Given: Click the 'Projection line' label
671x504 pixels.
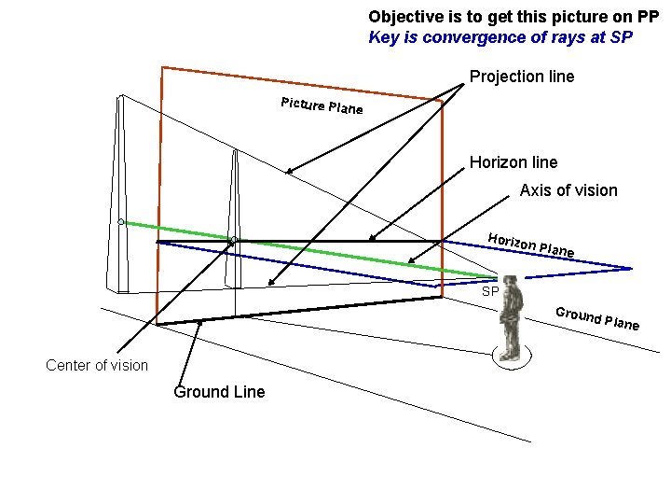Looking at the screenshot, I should click(522, 77).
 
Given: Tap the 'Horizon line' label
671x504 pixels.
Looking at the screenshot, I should click(514, 162).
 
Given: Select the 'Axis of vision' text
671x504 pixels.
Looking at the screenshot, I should click(568, 190).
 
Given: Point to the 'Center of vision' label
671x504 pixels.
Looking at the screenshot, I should click(97, 365).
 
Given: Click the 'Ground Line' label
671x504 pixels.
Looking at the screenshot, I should click(219, 392).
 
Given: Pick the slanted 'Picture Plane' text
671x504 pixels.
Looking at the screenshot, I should click(322, 105).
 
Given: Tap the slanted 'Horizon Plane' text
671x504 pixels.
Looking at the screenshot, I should click(530, 245).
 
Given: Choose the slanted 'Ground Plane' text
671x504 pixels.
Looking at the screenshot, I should click(596, 317).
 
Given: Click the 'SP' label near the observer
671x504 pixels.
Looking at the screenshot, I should click(490, 292).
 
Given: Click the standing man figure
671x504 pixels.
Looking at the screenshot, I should click(509, 317).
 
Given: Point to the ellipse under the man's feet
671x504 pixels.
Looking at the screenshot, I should click(511, 356).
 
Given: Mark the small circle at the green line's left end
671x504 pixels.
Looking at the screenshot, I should click(121, 221).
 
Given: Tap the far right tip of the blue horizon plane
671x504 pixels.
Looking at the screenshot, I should click(631, 269).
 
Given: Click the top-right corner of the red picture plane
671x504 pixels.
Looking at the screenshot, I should click(442, 99).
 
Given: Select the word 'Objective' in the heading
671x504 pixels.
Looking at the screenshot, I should click(401, 17).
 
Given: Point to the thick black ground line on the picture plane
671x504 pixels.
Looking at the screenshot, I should click(298, 311).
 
